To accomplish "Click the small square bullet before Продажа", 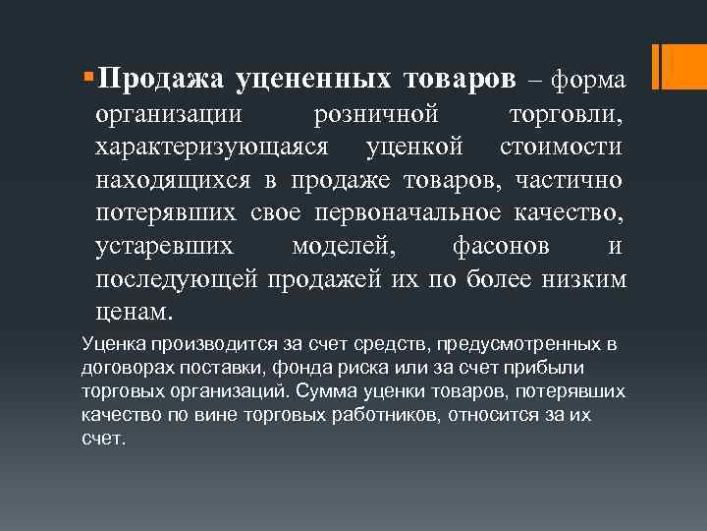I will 89,75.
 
